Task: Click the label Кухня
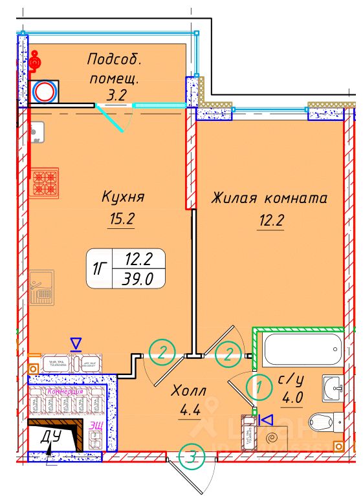[122, 197]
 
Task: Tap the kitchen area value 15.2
[121, 220]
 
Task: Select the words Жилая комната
[269, 199]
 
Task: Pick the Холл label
[189, 391]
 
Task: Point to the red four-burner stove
[46, 182]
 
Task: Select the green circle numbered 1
[259, 388]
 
